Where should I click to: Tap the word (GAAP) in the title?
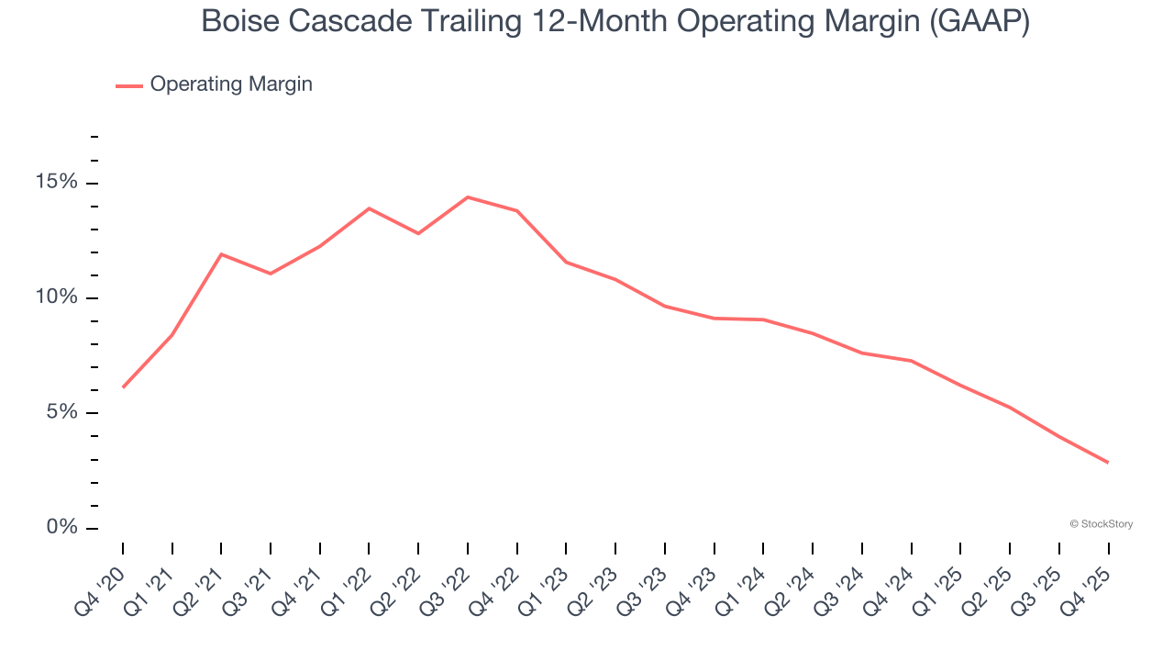tap(979, 21)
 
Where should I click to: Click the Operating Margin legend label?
tap(231, 84)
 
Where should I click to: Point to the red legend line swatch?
tap(128, 85)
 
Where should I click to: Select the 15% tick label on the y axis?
tap(57, 183)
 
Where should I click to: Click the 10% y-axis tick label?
tap(57, 297)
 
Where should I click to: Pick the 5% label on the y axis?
tap(62, 412)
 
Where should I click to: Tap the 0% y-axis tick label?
tap(62, 528)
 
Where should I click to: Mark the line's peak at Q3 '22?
tap(468, 197)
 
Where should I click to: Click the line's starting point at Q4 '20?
tap(123, 387)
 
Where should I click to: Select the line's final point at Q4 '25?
tap(1108, 462)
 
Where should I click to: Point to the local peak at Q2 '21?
tap(221, 254)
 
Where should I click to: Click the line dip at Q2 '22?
tap(418, 233)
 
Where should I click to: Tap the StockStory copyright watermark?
tap(1101, 524)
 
